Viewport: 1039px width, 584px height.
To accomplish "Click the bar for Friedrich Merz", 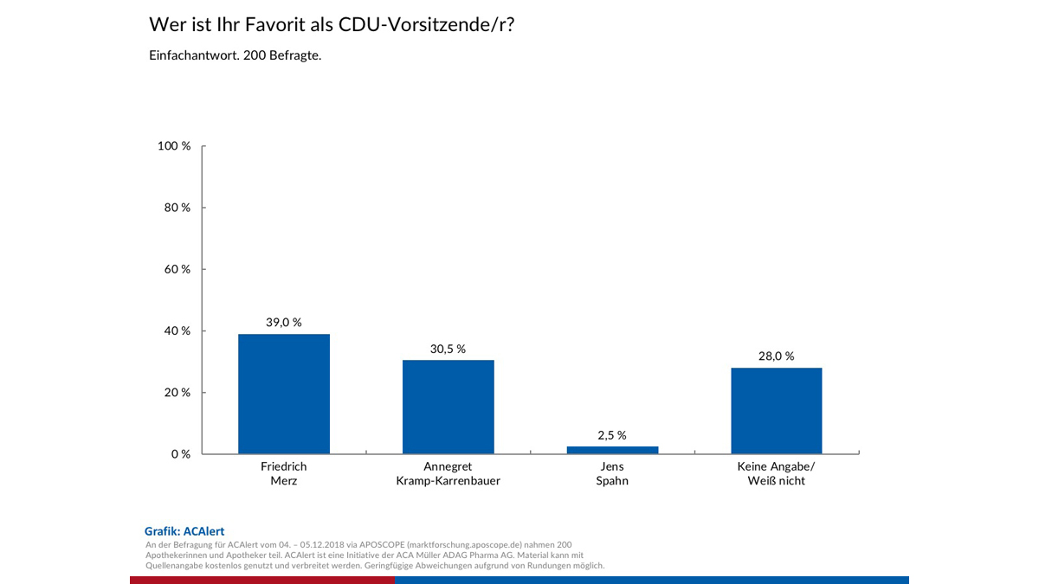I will (283, 394).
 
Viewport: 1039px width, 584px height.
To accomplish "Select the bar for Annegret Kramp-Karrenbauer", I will (448, 407).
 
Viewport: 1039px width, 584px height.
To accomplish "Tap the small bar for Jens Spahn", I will (612, 450).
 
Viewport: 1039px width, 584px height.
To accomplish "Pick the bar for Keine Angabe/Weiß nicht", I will (777, 410).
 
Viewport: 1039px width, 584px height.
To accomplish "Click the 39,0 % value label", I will (283, 323).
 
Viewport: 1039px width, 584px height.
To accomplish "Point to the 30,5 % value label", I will (448, 349).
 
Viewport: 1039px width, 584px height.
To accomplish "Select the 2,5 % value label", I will (612, 435).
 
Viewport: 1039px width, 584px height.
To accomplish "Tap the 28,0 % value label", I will (777, 356).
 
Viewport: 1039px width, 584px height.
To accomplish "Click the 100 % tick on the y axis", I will (174, 146).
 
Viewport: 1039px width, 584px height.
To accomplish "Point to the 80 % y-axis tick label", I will (177, 208).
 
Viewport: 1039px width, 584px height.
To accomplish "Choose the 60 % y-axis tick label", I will (177, 269).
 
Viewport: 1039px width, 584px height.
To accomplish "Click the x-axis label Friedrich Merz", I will (283, 473).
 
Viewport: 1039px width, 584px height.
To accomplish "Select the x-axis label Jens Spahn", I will (612, 473).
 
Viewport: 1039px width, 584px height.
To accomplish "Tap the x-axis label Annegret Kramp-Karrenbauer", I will (448, 473).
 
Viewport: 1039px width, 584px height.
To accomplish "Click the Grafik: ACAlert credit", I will (184, 531).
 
